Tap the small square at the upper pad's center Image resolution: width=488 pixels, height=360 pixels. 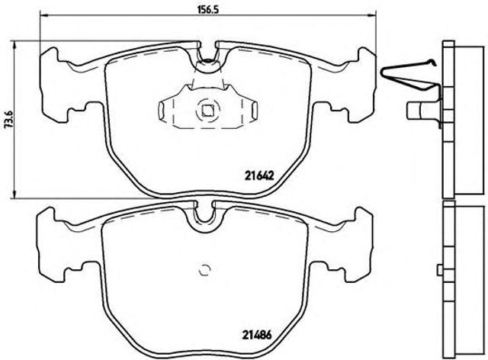coord(207,110)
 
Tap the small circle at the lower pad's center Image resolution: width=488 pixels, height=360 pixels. coord(204,268)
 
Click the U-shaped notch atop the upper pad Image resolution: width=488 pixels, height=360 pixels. coord(207,56)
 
